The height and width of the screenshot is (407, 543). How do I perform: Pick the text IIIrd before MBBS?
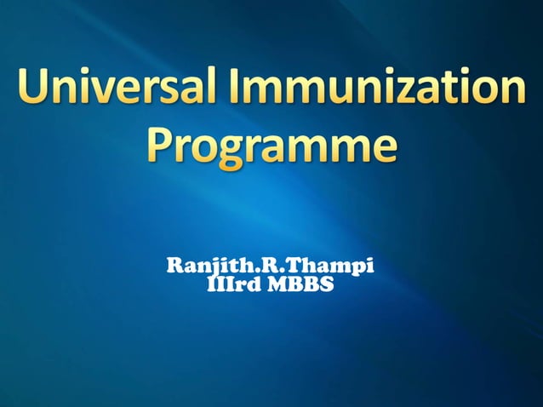(230, 286)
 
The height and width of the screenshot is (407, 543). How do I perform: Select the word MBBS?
(301, 286)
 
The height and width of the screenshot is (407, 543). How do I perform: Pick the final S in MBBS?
(327, 286)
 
